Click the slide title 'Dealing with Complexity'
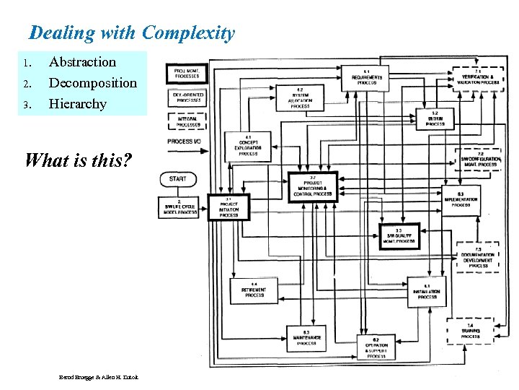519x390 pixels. tap(132, 33)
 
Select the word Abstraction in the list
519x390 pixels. tap(82, 62)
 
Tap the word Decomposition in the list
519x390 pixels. tap(92, 83)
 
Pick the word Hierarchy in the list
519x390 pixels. tap(77, 104)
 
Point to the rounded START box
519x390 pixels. tap(177, 178)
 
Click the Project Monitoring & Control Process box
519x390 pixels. tap(312, 186)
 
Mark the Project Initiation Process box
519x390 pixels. tap(229, 207)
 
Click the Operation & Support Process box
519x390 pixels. tap(376, 348)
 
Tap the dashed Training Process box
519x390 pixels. tap(469, 331)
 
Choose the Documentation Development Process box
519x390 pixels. tap(478, 257)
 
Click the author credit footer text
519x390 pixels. tap(100, 378)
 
